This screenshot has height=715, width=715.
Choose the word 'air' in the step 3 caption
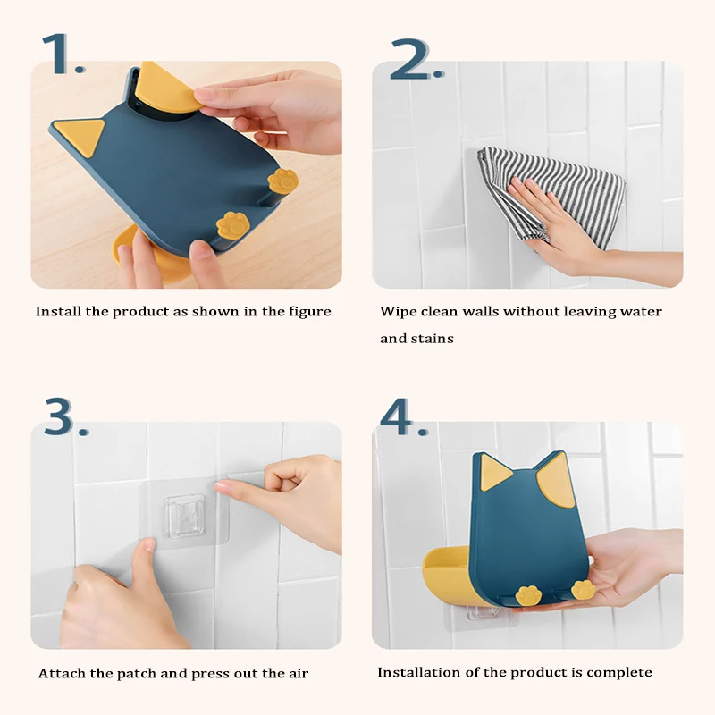pos(299,674)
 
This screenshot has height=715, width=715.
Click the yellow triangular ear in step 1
pos(82,136)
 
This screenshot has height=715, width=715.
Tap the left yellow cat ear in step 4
pos(495,472)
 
